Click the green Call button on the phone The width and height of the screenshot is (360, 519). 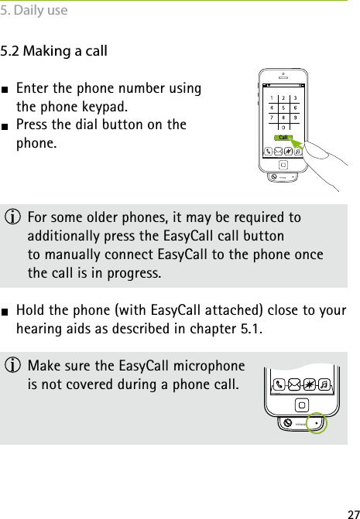coord(284,138)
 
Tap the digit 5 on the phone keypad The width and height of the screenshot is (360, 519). coord(284,108)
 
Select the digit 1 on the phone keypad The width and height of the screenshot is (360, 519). coord(271,98)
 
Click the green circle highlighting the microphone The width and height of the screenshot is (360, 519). coord(315,423)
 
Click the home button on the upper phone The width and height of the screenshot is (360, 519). coord(284,165)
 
